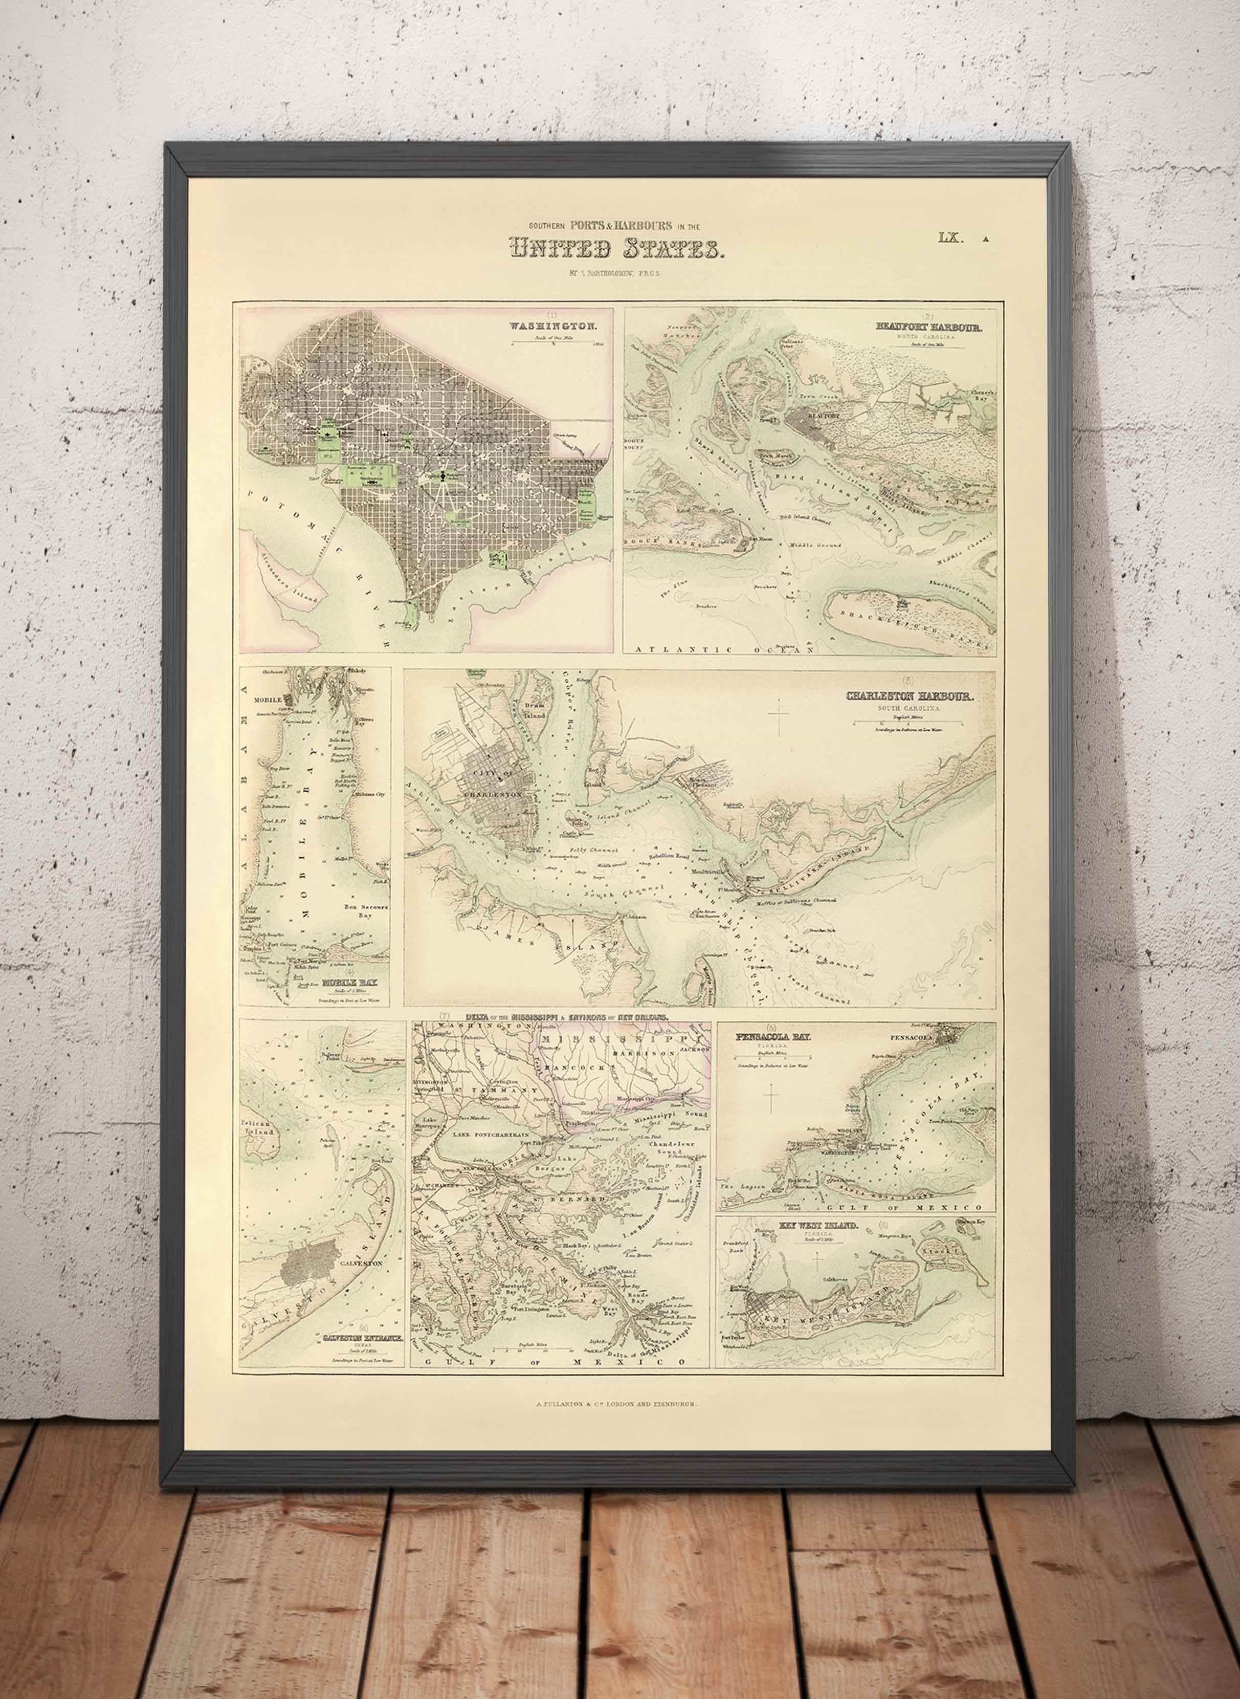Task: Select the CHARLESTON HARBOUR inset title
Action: tap(909, 696)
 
